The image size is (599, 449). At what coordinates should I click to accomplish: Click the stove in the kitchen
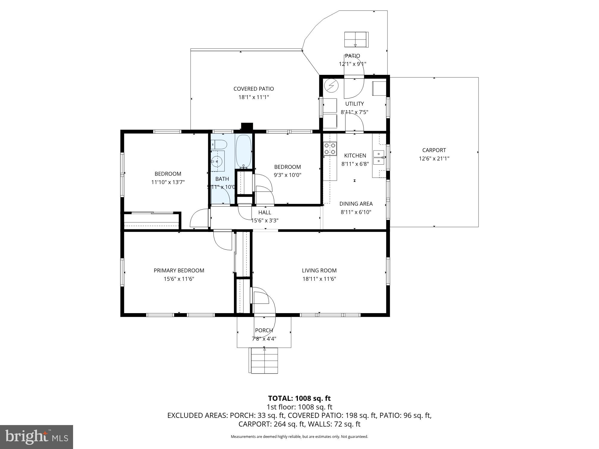click(330, 149)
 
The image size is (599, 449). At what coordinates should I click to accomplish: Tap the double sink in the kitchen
click(379, 157)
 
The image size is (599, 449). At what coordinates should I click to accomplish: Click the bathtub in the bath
click(243, 152)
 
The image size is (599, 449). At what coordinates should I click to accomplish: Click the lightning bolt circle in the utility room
click(332, 86)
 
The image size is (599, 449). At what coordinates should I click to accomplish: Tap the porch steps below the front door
click(264, 360)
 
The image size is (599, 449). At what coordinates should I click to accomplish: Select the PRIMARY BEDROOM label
click(179, 271)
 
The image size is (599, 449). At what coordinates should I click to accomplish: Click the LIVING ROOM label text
click(319, 271)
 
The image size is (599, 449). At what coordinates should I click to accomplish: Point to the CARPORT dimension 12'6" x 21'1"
click(434, 159)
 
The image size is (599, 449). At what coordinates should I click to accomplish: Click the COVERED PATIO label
click(253, 89)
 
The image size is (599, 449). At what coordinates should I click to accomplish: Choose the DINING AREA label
click(356, 204)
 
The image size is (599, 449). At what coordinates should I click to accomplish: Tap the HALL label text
click(264, 213)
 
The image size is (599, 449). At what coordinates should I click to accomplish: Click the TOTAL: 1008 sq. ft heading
click(299, 398)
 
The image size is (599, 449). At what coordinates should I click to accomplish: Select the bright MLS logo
click(37, 437)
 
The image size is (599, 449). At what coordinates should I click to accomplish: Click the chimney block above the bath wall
click(247, 127)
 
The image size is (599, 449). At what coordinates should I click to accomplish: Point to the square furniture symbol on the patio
click(356, 40)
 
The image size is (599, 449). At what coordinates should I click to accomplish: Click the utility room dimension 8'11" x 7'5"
click(354, 112)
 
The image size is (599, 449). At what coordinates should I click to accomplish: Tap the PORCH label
click(264, 330)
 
